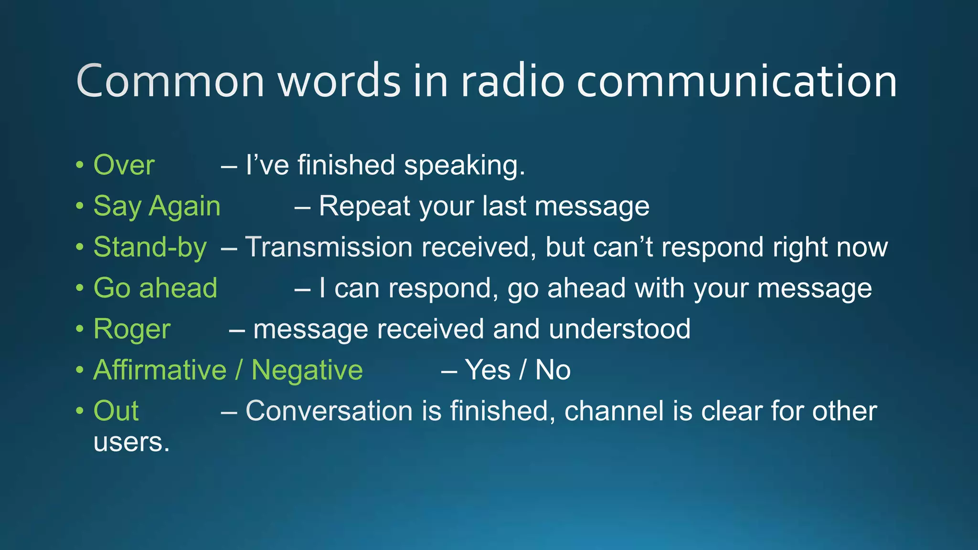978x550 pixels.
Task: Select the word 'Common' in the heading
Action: coord(170,81)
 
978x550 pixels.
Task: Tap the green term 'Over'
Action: coord(124,165)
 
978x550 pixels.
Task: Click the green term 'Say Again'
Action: coord(157,206)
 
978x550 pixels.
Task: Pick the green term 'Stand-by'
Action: coord(150,247)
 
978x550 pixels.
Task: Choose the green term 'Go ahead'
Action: coord(155,288)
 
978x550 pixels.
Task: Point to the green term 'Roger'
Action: coord(132,329)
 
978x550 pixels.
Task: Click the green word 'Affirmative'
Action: coord(159,370)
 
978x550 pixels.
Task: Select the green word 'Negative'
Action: coord(307,370)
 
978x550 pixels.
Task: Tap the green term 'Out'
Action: coord(116,411)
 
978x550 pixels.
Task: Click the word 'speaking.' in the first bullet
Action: coord(465,165)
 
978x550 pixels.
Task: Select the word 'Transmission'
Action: coord(329,247)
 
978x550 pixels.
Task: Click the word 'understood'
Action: coord(619,329)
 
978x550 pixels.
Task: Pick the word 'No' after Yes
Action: coord(553,370)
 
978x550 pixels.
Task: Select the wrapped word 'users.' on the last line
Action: coord(131,442)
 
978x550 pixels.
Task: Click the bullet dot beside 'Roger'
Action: coord(80,329)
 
